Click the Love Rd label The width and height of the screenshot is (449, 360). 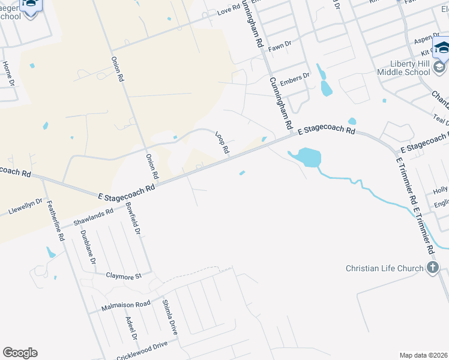tap(228, 11)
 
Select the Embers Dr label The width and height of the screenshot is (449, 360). tap(295, 77)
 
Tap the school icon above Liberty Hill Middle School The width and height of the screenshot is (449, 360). tap(441, 47)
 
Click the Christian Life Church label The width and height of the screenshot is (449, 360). tap(385, 268)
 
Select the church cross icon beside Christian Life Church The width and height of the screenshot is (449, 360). tap(432, 268)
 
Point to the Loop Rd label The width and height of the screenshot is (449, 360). tap(222, 143)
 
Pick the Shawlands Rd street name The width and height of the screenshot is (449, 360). tap(93, 217)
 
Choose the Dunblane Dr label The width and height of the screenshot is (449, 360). tap(88, 247)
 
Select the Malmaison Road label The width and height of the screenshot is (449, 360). tap(126, 304)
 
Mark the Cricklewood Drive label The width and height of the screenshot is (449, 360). tap(143, 346)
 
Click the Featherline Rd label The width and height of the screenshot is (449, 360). tap(54, 220)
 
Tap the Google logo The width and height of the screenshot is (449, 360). tap(20, 353)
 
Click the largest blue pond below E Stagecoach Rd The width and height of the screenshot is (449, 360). tap(308, 157)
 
